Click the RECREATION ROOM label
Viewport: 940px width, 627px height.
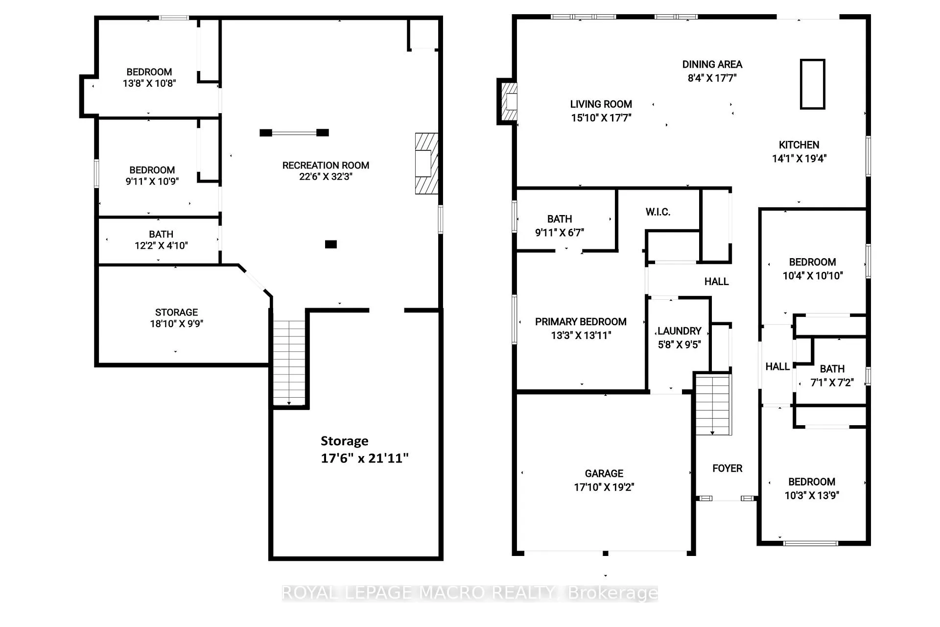tap(326, 166)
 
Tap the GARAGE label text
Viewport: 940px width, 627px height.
tap(604, 474)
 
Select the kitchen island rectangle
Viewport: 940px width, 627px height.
tap(813, 84)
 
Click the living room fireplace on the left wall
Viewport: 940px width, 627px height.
tap(508, 101)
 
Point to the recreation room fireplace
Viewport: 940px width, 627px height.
tap(426, 164)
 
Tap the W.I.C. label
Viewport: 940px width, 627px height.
tap(658, 212)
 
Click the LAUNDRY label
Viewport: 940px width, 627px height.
tap(680, 331)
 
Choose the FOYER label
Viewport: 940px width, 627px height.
tap(728, 469)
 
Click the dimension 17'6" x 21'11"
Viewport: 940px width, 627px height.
tap(365, 458)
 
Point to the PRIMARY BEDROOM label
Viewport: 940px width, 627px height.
tap(581, 322)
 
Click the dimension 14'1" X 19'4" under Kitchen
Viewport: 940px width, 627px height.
tap(799, 159)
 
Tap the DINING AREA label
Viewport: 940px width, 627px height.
tap(712, 65)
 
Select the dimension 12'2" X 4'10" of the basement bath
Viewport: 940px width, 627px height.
tap(161, 245)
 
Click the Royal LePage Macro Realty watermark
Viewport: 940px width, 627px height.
tap(470, 593)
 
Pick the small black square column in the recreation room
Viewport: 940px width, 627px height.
tap(331, 244)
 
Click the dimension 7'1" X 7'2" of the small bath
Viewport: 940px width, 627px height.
tap(832, 383)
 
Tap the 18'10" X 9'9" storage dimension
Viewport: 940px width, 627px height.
tap(176, 323)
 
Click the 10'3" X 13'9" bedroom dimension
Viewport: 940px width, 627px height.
tap(812, 496)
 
